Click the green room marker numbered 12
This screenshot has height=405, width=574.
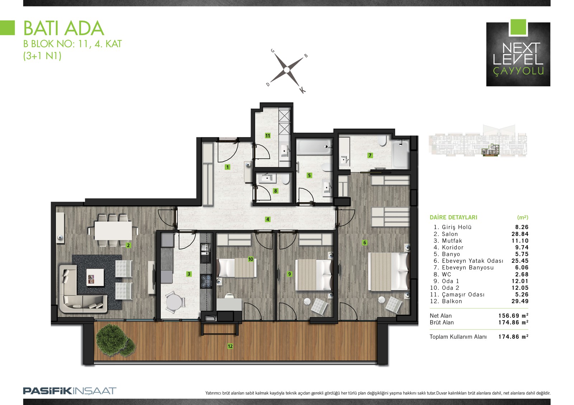[x=230, y=346]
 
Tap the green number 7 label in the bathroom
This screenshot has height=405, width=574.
[x=370, y=155]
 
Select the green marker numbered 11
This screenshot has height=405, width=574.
[x=268, y=136]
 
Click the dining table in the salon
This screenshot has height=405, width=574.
[x=113, y=230]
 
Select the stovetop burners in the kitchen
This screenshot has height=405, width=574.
[x=206, y=281]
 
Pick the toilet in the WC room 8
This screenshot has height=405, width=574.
[x=285, y=179]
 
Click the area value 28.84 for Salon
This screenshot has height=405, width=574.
[x=520, y=234]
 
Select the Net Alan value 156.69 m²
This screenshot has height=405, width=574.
[x=513, y=315]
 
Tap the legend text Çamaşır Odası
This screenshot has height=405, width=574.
[x=463, y=294]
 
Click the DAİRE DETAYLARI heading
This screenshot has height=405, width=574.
[x=453, y=217]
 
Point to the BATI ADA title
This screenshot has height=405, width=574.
[x=64, y=28]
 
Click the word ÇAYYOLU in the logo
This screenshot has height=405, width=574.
[x=518, y=71]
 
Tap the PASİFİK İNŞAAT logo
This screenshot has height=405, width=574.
[x=70, y=391]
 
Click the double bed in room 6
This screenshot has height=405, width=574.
[x=389, y=272]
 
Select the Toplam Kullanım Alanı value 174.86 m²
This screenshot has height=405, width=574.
[x=513, y=337]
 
